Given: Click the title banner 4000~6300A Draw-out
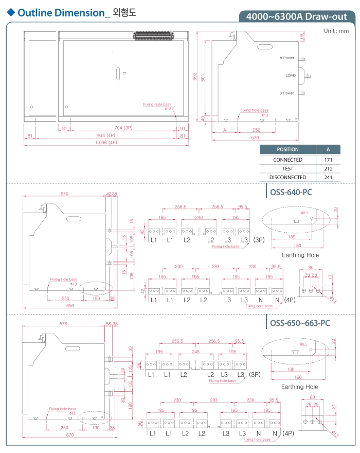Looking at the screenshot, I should [297, 16].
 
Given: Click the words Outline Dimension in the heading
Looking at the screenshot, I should [61, 13].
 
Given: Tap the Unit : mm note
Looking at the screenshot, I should [336, 31].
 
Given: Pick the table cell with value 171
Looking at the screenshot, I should [328, 160].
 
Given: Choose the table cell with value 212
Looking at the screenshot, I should [328, 168].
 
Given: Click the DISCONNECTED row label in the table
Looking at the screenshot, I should [287, 178].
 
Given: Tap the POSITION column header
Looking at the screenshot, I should [287, 150].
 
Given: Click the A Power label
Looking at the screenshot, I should [287, 58].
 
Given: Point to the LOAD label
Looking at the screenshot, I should [291, 76].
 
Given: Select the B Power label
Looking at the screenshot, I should [287, 93].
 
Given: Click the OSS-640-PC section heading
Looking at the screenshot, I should [291, 193].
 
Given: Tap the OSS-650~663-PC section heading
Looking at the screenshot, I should [300, 323].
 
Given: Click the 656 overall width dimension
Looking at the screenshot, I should [70, 305].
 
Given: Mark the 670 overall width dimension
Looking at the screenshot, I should [70, 435].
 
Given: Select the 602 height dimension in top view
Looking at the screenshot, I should [195, 76].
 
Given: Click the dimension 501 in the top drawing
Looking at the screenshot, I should [203, 77].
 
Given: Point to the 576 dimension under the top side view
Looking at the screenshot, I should [255, 138].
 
